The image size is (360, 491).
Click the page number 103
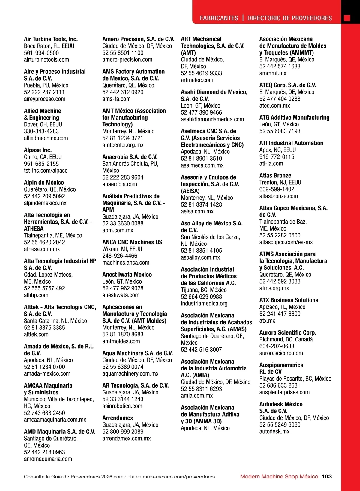pyautogui.click(x=326, y=476)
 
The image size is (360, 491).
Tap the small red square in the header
pyautogui.click(x=347, y=18)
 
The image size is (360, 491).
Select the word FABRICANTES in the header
pyautogui.click(x=219, y=18)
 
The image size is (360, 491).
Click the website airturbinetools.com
pyautogui.click(x=46, y=60)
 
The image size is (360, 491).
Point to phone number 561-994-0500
pyautogui.click(x=41, y=53)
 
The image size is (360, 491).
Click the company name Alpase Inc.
pyautogui.click(x=38, y=150)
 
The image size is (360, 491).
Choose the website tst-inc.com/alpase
pyautogui.click(x=46, y=171)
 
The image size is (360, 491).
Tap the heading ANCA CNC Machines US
pyautogui.click(x=132, y=242)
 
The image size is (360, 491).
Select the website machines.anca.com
pyautogui.click(x=126, y=263)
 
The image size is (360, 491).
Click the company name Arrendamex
pyautogui.click(x=118, y=418)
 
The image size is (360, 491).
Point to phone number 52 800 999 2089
pyautogui.click(x=123, y=432)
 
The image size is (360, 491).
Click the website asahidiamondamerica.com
pyautogui.click(x=212, y=119)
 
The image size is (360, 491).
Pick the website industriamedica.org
pyautogui.click(x=204, y=303)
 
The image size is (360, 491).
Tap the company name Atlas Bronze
pyautogui.click(x=275, y=175)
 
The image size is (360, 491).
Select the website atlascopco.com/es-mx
pyautogui.click(x=286, y=242)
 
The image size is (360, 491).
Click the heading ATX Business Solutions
pyautogui.click(x=289, y=300)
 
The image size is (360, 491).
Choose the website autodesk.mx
pyautogui.click(x=274, y=432)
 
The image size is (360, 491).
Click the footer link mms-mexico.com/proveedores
pyautogui.click(x=179, y=477)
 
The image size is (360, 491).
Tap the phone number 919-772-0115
pyautogui.click(x=277, y=157)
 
